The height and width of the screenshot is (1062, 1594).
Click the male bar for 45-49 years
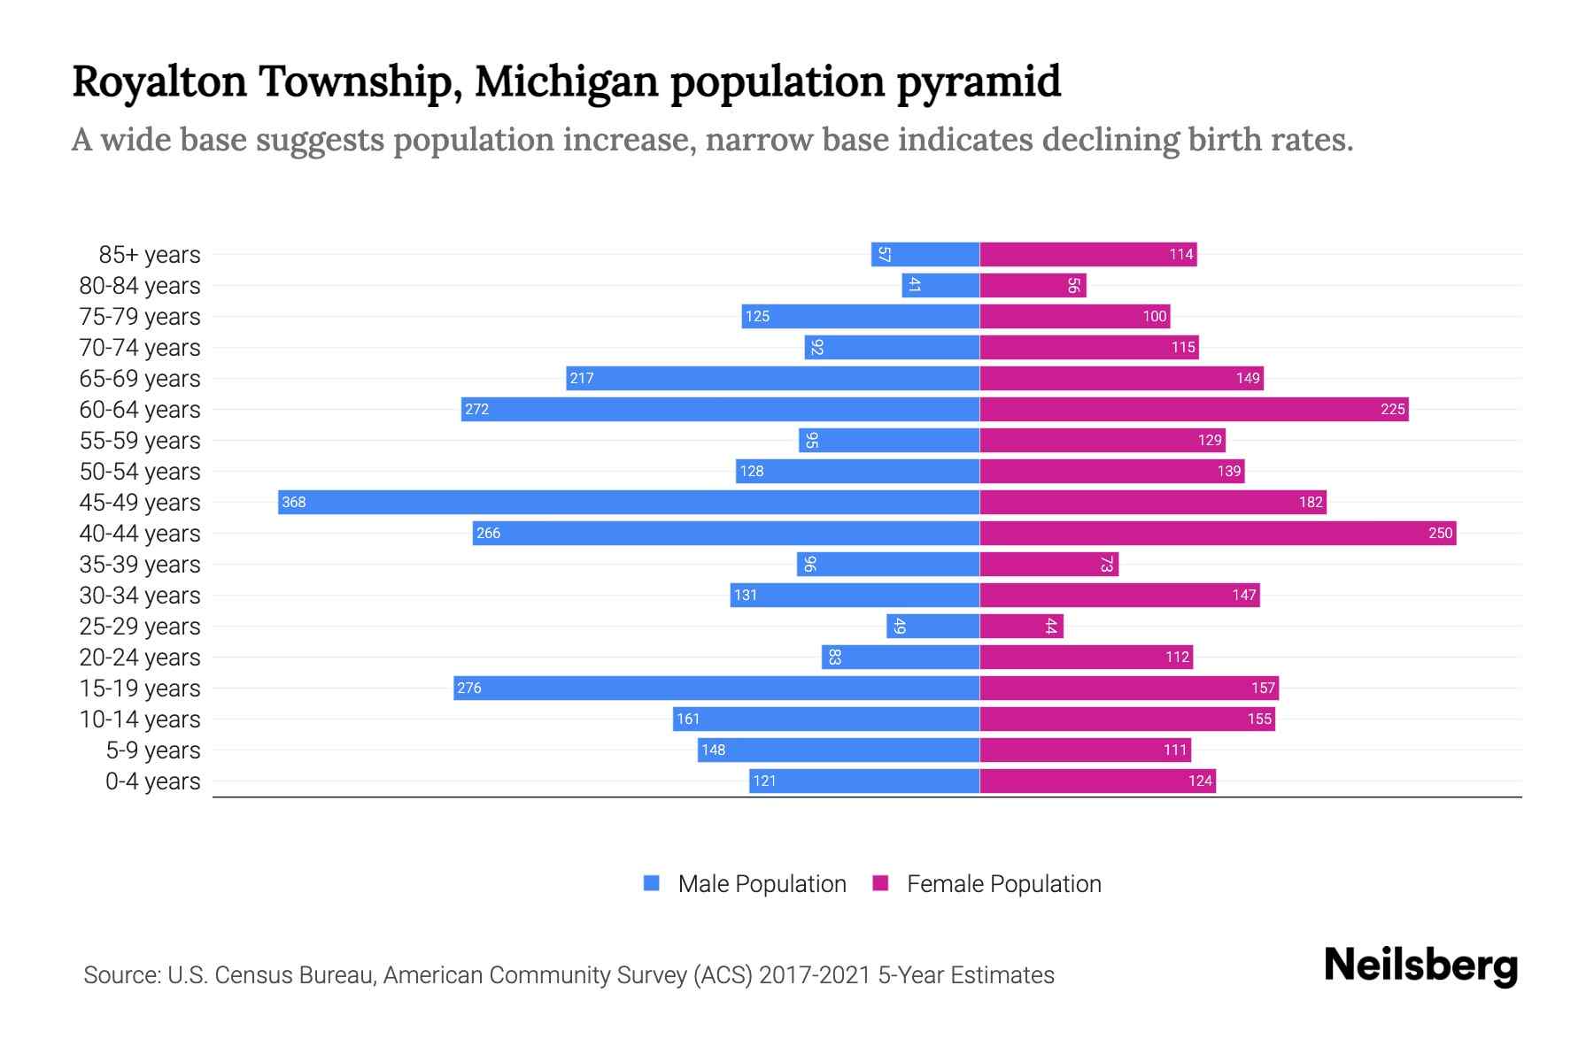[x=629, y=502]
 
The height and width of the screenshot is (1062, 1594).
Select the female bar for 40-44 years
[x=1218, y=533]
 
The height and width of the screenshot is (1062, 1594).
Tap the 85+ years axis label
[x=149, y=255]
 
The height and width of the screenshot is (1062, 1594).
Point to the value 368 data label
[x=293, y=503]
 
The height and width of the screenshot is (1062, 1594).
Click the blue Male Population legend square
[x=652, y=883]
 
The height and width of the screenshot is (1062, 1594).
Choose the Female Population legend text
[x=1003, y=884]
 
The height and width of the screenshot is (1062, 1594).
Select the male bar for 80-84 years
[x=940, y=285]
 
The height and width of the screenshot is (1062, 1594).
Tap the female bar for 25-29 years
[x=1021, y=626]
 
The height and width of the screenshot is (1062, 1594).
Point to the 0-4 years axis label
[x=152, y=781]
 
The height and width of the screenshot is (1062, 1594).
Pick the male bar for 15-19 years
[x=716, y=688]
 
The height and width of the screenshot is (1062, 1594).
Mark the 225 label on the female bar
[x=1392, y=409]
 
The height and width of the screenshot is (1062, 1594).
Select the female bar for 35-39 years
[x=1048, y=564]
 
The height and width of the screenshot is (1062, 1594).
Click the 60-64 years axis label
[x=140, y=410]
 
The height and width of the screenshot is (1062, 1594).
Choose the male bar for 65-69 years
[x=772, y=378]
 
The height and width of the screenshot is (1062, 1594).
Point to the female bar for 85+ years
[x=1087, y=254]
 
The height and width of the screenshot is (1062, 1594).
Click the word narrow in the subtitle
[x=757, y=140]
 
